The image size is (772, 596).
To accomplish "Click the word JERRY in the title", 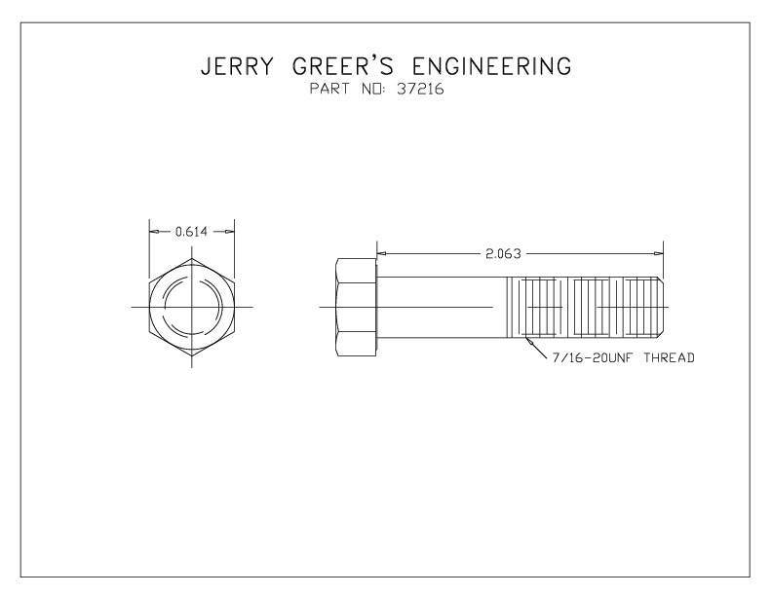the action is pos(237,66).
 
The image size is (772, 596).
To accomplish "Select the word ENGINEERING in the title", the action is pos(491,66).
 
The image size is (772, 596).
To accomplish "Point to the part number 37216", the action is pos(420,89).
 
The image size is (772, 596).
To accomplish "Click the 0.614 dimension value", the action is pos(191,232).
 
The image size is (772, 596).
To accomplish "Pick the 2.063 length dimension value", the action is pos(503,254).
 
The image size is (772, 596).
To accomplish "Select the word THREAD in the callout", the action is pos(669,357).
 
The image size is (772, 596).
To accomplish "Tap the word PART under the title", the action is pos(329,89).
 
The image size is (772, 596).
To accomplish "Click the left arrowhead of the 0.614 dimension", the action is pos(155,231).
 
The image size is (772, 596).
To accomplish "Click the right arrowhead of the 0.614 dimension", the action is pos(229,231).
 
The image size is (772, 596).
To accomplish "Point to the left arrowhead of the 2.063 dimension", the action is pos(382,253).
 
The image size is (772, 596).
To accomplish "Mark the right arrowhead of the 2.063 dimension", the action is pos(658,253).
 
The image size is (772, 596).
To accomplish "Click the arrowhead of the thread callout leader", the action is pos(529,340).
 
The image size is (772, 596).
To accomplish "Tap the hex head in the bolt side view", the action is pos(356,307).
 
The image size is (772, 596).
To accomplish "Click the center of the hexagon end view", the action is pos(192,307).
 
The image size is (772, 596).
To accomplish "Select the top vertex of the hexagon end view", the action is pos(192,258).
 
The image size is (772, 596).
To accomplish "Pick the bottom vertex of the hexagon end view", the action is pos(192,356).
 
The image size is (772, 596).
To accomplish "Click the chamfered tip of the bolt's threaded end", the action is pos(661,307).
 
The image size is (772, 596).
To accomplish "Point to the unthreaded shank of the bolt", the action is pos(443,307).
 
